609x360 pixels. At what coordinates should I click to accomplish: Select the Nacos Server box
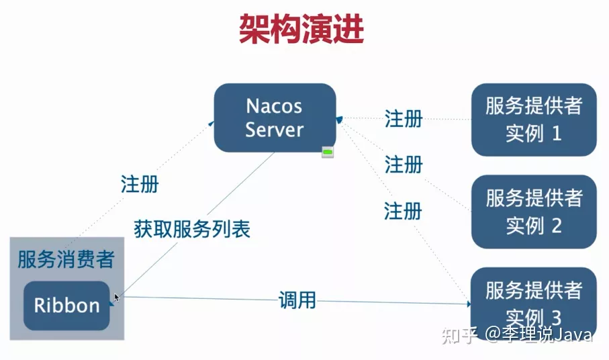click(275, 118)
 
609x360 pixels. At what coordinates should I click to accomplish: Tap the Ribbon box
click(66, 306)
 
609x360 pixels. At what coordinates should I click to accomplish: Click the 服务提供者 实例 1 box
click(534, 120)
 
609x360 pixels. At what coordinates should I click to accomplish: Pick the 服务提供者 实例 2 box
click(534, 212)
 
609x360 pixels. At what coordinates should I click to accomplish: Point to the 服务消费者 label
click(66, 259)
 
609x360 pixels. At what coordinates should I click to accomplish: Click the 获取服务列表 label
click(192, 229)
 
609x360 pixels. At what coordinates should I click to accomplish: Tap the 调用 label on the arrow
click(297, 300)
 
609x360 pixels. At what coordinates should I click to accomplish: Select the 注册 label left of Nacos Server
click(140, 183)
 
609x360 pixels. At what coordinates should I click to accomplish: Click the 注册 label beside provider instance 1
click(404, 119)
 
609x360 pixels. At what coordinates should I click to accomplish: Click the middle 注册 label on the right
click(404, 164)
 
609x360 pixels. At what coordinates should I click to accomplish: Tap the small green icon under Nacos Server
click(328, 152)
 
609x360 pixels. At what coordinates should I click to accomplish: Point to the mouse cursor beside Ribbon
click(117, 298)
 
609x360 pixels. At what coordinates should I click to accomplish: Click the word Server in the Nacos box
click(274, 130)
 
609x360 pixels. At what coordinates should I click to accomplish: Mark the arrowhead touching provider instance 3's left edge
click(469, 304)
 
